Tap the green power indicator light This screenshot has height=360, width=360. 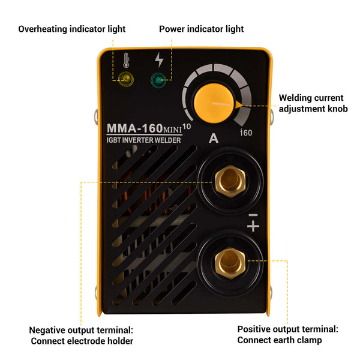tap(159, 79)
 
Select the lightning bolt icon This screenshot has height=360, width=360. tap(159, 59)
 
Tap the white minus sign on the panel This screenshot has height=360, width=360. tap(253, 214)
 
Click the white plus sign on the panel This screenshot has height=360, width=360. tap(253, 226)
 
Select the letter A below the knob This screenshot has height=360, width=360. tap(213, 139)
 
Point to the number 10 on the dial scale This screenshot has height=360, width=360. tap(187, 126)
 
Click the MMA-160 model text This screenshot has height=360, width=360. tap(133, 129)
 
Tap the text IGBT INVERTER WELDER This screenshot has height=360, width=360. tap(143, 140)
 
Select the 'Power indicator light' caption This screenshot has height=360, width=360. tap(202, 29)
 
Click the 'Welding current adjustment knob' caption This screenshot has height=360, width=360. tap(313, 103)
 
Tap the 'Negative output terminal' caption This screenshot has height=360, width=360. tap(82, 335)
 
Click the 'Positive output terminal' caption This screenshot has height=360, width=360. tap(288, 334)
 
